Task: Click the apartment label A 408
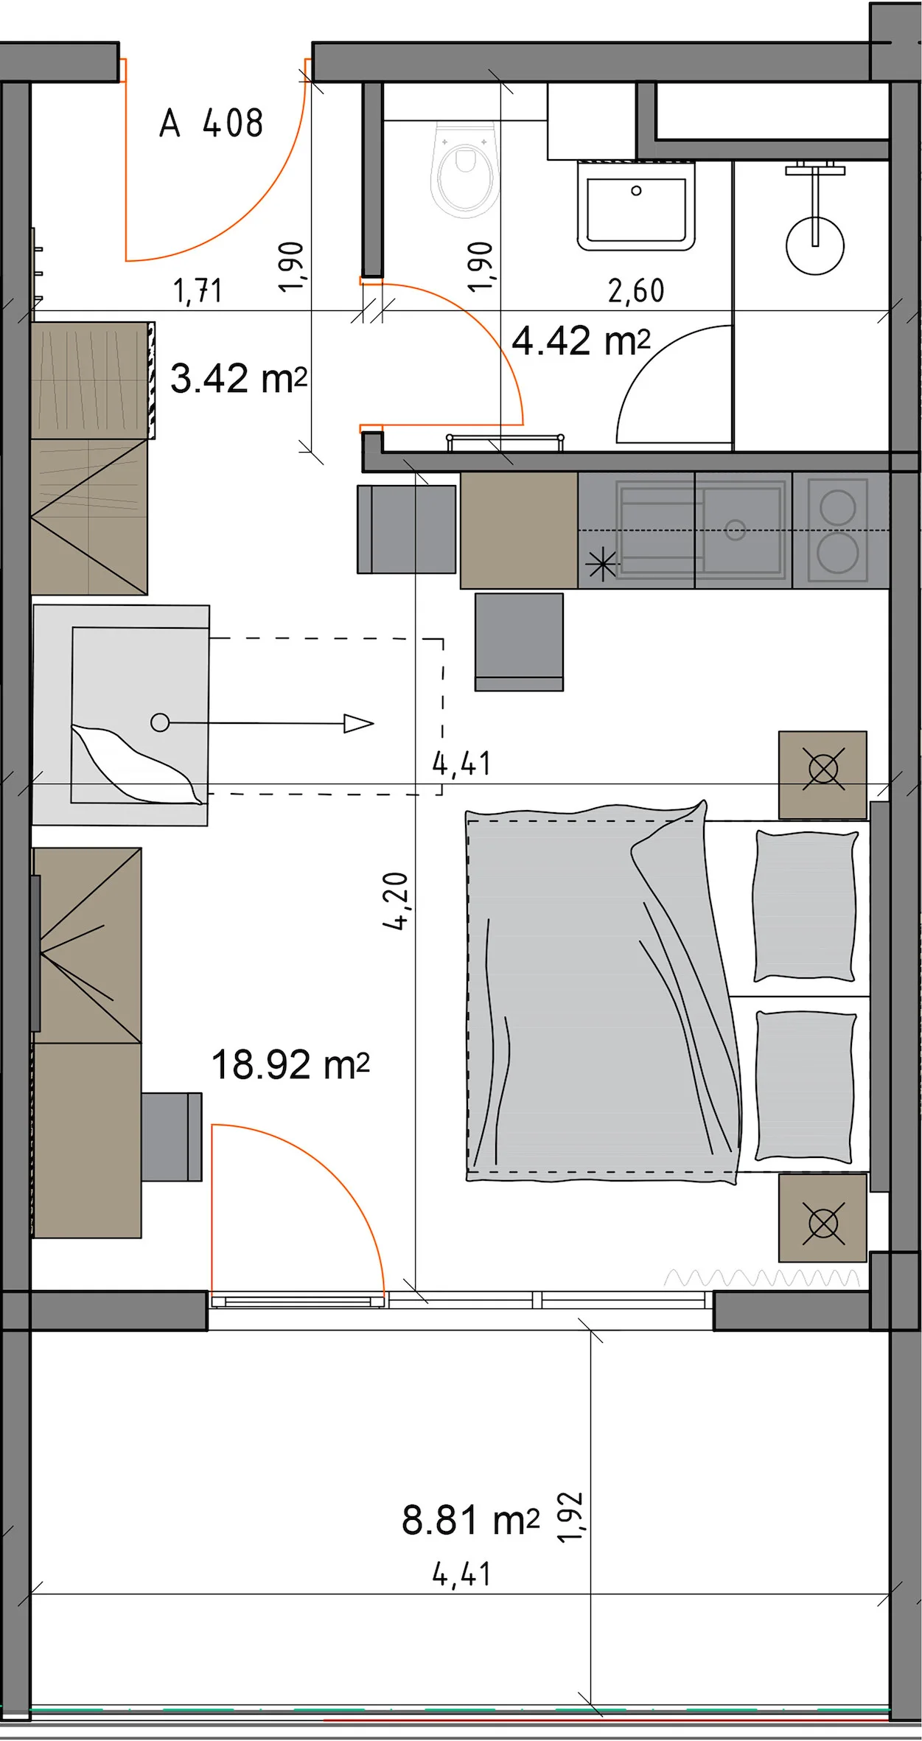[211, 123]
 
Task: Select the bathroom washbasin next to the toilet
[636, 204]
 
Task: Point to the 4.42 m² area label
[581, 341]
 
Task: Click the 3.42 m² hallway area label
[238, 379]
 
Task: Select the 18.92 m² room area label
[290, 1065]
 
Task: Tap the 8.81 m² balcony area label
[470, 1520]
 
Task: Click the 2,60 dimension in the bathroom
[636, 291]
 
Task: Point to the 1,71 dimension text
[198, 291]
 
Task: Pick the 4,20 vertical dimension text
[396, 901]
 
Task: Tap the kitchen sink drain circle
[735, 530]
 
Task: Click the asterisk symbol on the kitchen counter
[602, 565]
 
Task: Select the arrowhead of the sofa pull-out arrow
[359, 724]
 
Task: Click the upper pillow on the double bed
[806, 906]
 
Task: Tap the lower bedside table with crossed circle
[823, 1218]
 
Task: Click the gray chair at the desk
[171, 1137]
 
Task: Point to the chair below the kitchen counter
[519, 642]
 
